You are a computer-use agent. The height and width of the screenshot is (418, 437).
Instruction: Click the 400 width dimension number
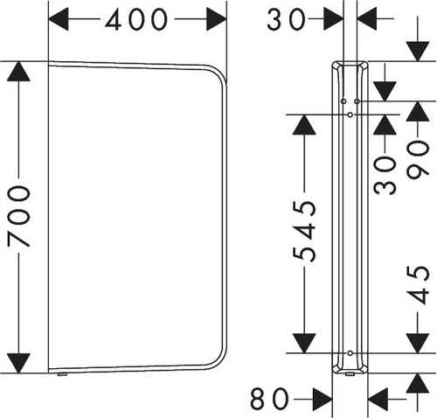click(136, 19)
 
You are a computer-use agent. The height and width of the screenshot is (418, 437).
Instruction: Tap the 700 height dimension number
click(19, 216)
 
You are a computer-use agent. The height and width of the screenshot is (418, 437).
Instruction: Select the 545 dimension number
click(305, 231)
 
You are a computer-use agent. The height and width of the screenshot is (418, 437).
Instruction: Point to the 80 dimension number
click(269, 398)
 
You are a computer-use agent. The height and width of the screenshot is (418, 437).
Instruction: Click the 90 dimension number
click(418, 159)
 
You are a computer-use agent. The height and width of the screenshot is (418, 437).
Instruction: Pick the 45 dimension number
click(419, 285)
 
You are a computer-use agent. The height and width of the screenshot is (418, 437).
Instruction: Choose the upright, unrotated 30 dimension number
click(286, 19)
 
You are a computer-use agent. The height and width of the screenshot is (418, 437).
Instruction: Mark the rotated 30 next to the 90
click(385, 175)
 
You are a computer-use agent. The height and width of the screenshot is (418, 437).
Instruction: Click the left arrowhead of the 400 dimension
click(59, 19)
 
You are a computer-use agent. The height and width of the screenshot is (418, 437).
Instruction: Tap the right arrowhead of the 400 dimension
click(217, 19)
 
